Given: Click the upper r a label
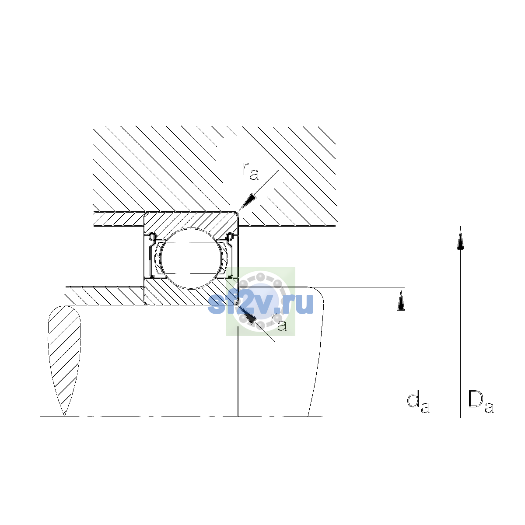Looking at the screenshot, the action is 250,171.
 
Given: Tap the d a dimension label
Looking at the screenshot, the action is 418,404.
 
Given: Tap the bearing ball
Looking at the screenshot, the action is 192,259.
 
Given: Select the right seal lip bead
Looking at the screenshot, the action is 230,237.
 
